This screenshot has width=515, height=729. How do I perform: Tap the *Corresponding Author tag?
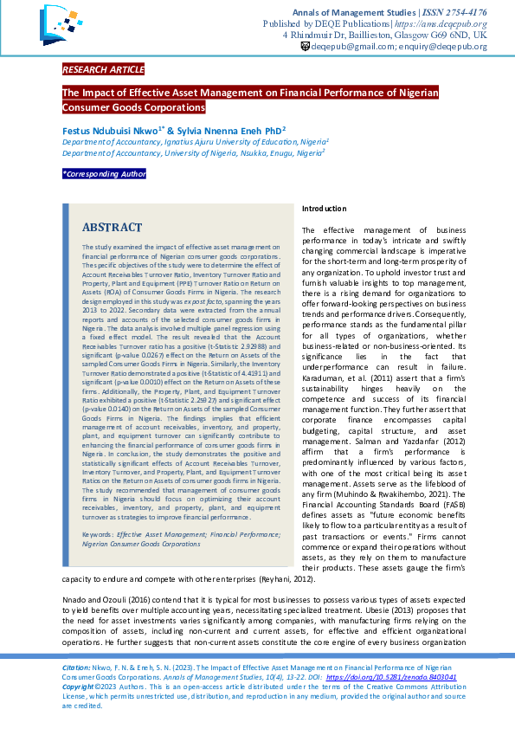(104, 174)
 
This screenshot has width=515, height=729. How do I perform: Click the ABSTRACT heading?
(112, 228)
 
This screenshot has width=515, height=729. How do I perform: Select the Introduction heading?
(324, 209)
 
